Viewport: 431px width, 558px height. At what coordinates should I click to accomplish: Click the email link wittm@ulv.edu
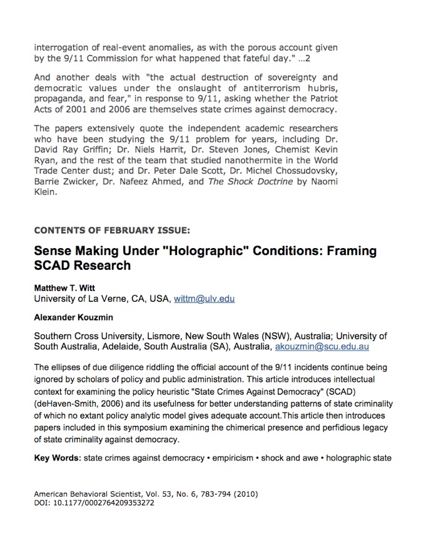(x=205, y=299)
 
